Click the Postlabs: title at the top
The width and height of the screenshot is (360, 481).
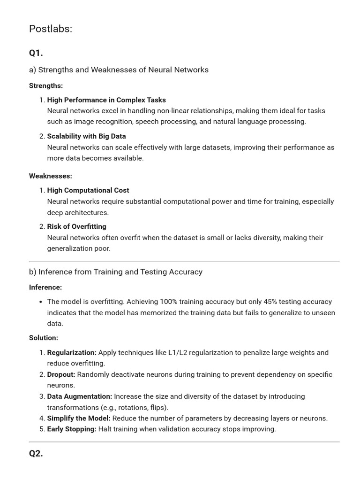[x=51, y=29]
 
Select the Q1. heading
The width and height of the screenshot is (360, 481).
[x=36, y=53]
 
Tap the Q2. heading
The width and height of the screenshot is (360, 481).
[x=36, y=453]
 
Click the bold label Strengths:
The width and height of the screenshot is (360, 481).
[x=46, y=85]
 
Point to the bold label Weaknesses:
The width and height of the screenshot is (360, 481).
[x=51, y=176]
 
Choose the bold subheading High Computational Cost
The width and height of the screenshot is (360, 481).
[x=88, y=190]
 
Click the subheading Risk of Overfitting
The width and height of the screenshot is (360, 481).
[x=77, y=226]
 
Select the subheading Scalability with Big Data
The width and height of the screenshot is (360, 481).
[x=87, y=136]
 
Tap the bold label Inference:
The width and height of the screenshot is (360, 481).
[x=45, y=287]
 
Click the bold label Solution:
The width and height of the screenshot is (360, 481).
[x=44, y=338]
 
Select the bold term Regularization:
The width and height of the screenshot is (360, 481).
[x=72, y=352]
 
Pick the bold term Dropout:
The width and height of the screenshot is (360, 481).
[x=61, y=374]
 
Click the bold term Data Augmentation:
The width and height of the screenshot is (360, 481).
[x=80, y=396]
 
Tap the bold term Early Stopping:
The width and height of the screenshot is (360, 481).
[x=72, y=429]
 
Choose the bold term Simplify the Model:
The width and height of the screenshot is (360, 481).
[x=79, y=418]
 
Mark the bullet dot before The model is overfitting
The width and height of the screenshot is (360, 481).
[x=41, y=302]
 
